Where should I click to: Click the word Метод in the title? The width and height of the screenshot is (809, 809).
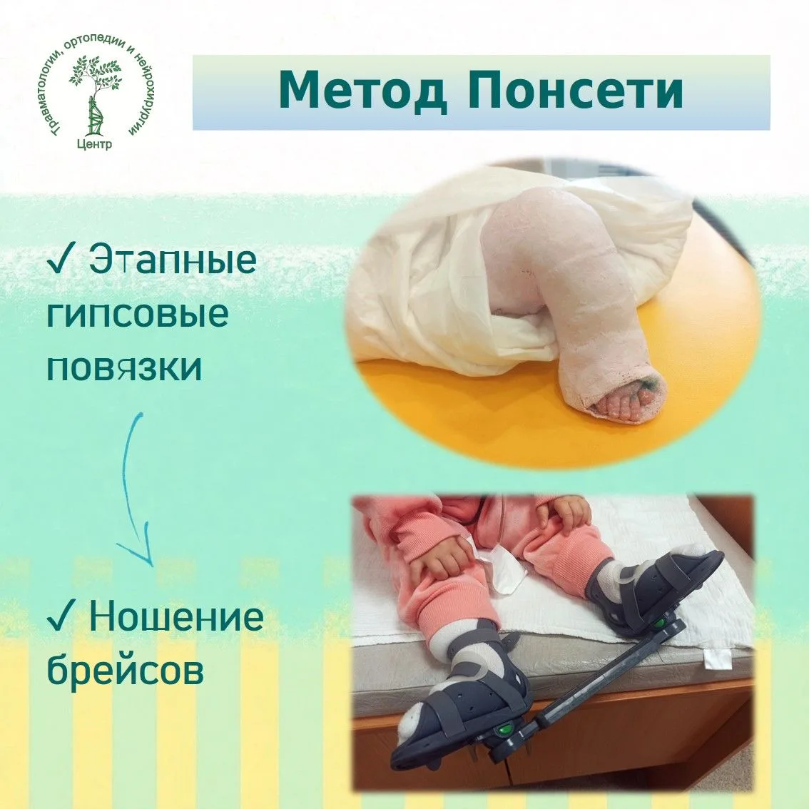coord(362,91)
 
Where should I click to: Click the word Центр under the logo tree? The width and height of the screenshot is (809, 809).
coord(94,144)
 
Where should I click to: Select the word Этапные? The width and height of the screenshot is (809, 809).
coord(173,259)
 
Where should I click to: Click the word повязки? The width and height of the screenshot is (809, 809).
coord(124,368)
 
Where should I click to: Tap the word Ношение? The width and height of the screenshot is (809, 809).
coord(176,616)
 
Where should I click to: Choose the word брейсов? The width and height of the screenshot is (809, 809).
coord(126,669)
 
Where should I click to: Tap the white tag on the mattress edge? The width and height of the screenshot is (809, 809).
coord(718,659)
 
